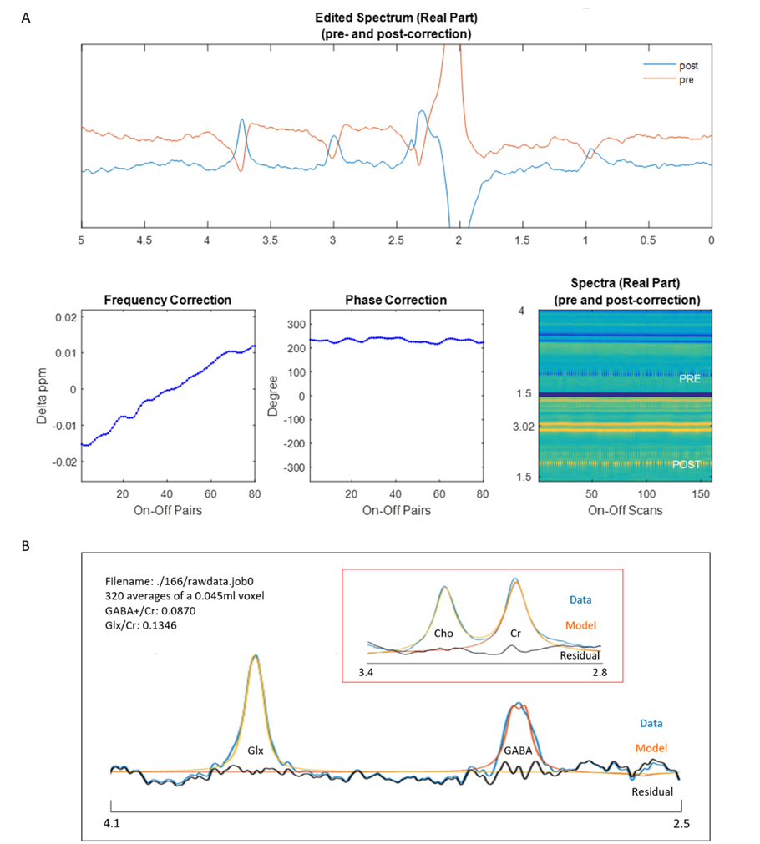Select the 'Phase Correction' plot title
pos(395,300)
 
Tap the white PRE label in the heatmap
pos(689,378)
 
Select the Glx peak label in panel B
pos(255,750)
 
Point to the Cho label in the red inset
pos(443,634)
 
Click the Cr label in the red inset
pos(515,634)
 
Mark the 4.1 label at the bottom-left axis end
pos(113,824)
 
